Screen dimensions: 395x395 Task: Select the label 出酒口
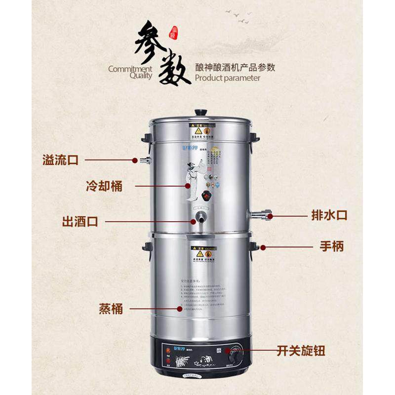[x=79, y=221]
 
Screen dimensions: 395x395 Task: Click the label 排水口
[x=329, y=215]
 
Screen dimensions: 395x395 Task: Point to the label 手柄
[x=331, y=246]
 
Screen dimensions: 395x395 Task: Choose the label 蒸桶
[x=111, y=309]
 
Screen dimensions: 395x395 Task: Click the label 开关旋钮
[x=301, y=351]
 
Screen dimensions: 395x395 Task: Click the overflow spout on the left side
[x=144, y=160]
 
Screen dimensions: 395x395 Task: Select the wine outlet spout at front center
[x=199, y=218]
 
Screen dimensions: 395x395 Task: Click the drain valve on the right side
[x=262, y=215]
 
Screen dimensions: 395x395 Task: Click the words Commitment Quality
[x=130, y=73]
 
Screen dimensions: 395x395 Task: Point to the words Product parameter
[x=228, y=78]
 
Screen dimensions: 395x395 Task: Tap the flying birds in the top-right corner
[x=239, y=16]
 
